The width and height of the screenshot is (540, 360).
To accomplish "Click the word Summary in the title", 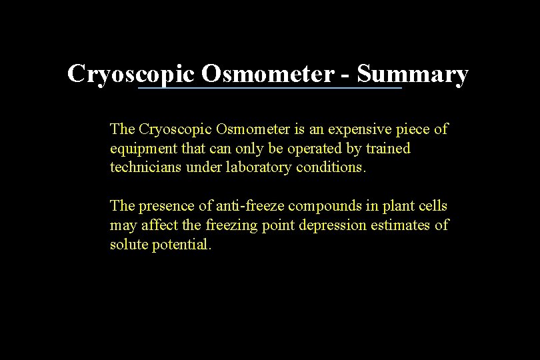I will tap(412, 74).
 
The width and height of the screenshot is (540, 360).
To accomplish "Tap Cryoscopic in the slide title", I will tap(131, 74).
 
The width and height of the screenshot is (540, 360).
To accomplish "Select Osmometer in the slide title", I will tap(267, 74).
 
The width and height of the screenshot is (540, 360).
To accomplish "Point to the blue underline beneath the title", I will tap(269, 88).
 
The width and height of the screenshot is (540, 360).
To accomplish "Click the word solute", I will tap(129, 244).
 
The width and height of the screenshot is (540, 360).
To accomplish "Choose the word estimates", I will tap(401, 225).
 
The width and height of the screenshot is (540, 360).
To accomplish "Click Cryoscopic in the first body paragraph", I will tap(173, 129).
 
